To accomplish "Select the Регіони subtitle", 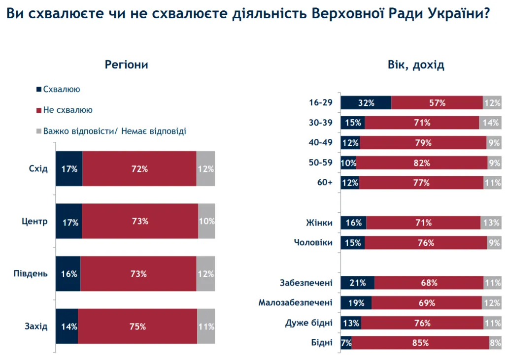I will (x=127, y=65).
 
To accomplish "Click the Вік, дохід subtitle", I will (x=415, y=65).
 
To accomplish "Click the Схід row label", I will (x=38, y=169).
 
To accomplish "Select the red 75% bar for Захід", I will (x=137, y=326).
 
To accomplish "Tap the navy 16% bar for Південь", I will (x=68, y=274).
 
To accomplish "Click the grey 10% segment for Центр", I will (x=206, y=221).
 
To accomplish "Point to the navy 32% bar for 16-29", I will (x=366, y=103).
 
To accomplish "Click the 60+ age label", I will (x=325, y=183).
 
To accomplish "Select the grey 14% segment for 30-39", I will (x=490, y=123).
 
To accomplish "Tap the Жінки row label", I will (x=319, y=223).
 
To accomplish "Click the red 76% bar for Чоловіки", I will (x=426, y=243).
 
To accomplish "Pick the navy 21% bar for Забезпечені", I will (x=358, y=283).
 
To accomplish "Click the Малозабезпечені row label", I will (x=296, y=302).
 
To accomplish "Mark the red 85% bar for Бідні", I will (x=420, y=343).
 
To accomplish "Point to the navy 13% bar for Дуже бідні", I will (x=351, y=323).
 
